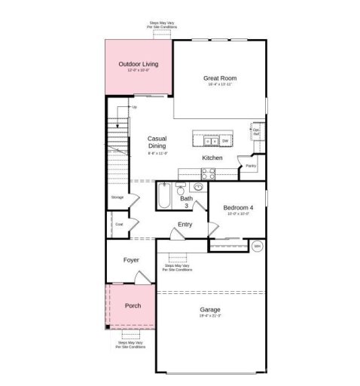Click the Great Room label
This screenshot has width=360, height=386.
point(219,78)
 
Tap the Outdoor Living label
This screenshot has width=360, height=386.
point(138,65)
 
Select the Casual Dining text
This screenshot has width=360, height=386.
point(157,142)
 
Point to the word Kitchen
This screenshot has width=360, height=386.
point(212,158)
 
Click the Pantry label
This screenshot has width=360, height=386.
point(251,165)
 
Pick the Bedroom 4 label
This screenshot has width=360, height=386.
point(238,207)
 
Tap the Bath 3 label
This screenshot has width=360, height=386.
point(186,202)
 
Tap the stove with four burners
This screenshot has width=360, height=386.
point(208,173)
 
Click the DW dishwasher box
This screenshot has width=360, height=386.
point(224,140)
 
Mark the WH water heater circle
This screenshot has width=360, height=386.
point(257,246)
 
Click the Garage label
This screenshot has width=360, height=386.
point(210,310)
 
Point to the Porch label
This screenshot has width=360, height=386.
point(133,306)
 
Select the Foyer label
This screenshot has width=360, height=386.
point(132,260)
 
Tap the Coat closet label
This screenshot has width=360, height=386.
point(119,224)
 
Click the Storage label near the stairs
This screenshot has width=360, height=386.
point(117,197)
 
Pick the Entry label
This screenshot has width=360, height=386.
point(185,225)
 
